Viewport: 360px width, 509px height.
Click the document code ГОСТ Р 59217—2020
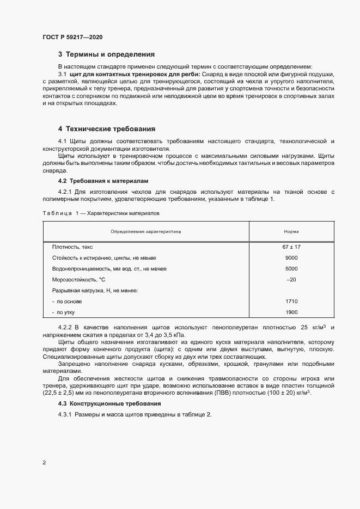(x=72, y=37)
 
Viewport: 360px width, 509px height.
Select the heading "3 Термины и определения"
(x=106, y=54)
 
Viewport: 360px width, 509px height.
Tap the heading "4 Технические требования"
(x=107, y=129)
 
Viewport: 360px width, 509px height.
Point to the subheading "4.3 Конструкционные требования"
(x=109, y=403)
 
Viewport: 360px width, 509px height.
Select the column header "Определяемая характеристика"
(x=145, y=231)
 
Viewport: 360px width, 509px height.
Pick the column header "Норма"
(x=291, y=231)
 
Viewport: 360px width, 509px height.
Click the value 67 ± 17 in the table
(x=291, y=247)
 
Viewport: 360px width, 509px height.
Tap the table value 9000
(x=291, y=258)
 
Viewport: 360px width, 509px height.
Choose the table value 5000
(x=291, y=269)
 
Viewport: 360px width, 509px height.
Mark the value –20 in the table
(x=291, y=280)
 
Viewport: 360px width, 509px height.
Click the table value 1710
(x=291, y=301)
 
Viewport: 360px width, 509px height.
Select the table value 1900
(x=291, y=312)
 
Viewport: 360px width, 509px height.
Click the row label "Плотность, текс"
(x=72, y=247)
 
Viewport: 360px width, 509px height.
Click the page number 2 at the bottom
(x=44, y=463)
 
